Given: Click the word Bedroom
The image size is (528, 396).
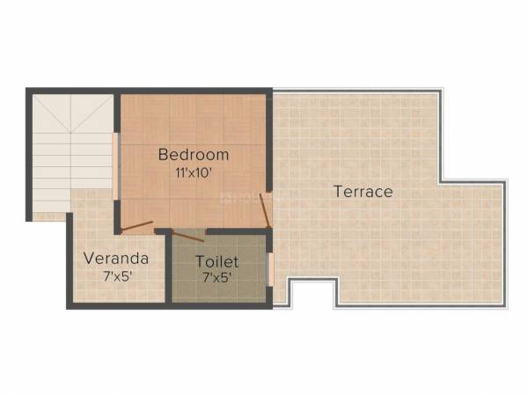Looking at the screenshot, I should [194, 154].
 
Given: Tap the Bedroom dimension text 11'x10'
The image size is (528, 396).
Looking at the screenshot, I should [194, 172].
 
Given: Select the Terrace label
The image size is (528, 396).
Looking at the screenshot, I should [363, 191].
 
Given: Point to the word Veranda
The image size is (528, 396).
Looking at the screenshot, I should [116, 259].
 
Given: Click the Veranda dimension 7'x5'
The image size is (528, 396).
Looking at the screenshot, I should [116, 276].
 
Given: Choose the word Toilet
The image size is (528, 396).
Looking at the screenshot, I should [217, 261].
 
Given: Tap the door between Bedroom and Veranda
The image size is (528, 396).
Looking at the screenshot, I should [136, 225].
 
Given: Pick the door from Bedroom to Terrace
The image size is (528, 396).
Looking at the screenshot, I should [266, 211].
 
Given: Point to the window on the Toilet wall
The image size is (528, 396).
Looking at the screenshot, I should [270, 269].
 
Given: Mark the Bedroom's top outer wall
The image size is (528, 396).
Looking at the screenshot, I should [194, 91].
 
